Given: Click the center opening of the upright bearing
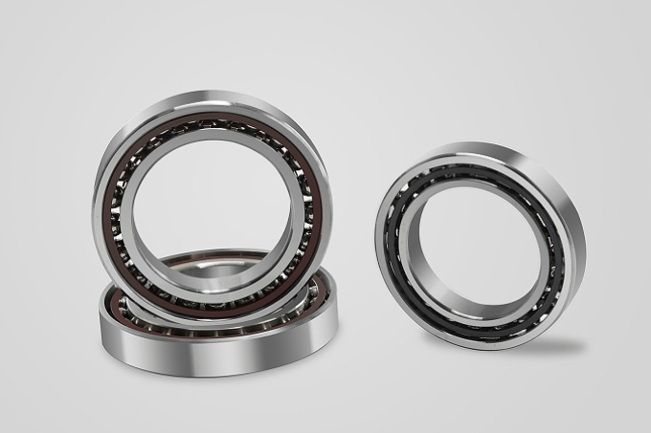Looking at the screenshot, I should click(x=213, y=206).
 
